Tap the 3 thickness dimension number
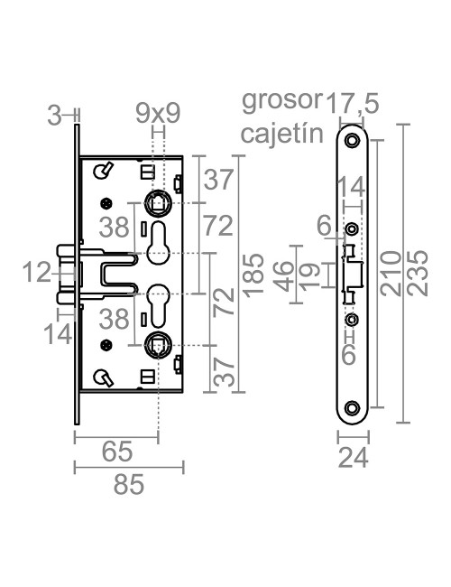[x=55, y=114]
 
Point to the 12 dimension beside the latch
[x=38, y=272]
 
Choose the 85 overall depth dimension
[x=127, y=485]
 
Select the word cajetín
[x=281, y=135]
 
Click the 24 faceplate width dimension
[x=353, y=458]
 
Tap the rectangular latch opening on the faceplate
[x=353, y=274]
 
